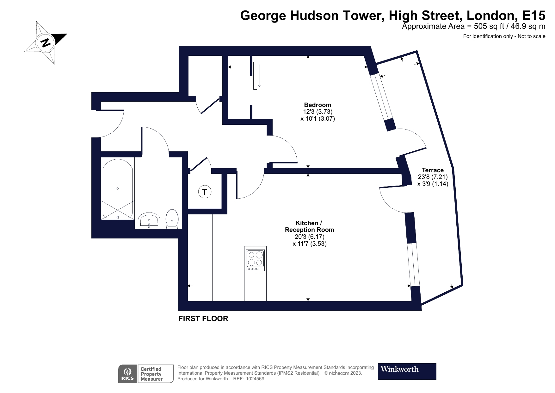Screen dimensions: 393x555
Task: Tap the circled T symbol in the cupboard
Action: coord(205,192)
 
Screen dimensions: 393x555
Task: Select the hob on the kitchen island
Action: coord(256,259)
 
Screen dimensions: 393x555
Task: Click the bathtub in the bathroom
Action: coord(117,189)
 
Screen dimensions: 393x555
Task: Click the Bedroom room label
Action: coord(318,105)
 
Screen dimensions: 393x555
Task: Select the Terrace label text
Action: coord(433,170)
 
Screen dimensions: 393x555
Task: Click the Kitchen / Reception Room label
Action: coord(309,226)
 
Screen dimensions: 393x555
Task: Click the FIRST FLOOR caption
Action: coord(203,319)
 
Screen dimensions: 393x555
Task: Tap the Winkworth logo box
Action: coord(407,371)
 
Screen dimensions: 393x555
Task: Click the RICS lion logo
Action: coord(128,374)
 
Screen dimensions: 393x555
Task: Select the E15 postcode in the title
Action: coord(533,15)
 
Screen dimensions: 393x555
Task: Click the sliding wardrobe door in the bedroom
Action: coord(255,75)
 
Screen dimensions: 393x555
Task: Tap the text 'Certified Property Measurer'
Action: coord(151,374)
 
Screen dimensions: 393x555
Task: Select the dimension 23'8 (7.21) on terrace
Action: coord(433,177)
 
